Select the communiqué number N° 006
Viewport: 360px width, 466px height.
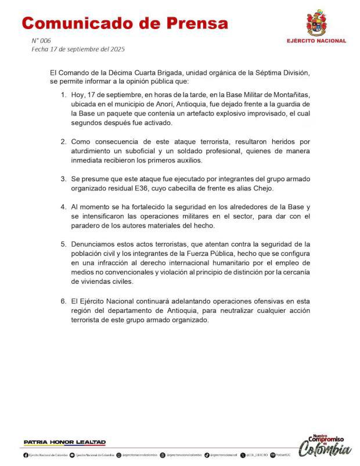[x=41, y=41]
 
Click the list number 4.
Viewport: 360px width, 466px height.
[x=63, y=207]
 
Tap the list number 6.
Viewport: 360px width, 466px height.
[x=63, y=302]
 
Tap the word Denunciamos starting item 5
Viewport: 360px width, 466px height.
[x=93, y=245]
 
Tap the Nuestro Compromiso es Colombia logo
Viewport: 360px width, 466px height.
[x=325, y=445]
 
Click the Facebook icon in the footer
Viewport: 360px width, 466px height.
[x=26, y=456]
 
